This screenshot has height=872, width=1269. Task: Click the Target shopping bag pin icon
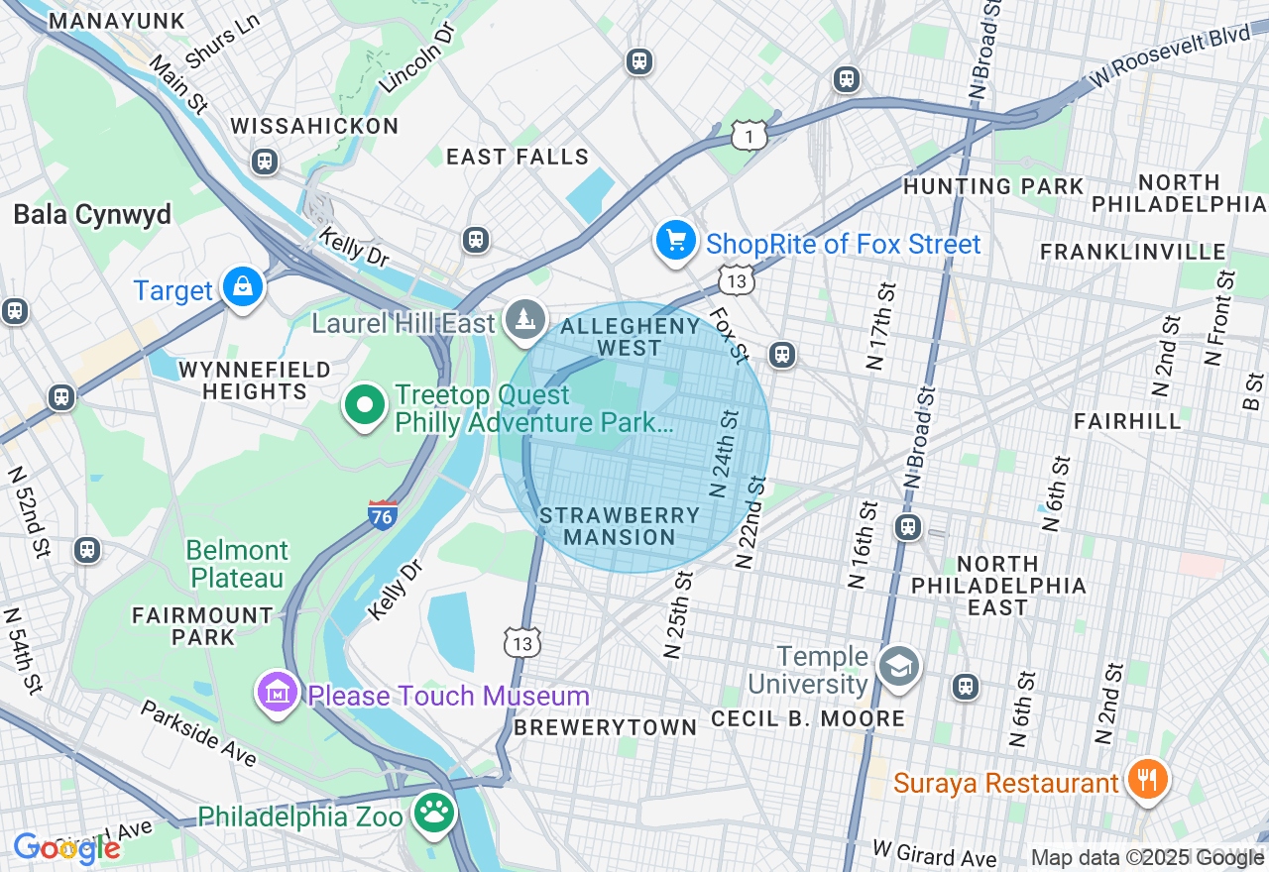[242, 286]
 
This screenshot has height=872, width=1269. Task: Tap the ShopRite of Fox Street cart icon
[676, 241]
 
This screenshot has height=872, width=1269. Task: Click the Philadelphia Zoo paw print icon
[433, 813]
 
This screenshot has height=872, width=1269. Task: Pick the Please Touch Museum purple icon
[278, 693]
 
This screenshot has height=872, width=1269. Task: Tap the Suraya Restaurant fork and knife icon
[1147, 780]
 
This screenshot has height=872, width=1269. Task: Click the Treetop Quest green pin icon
[366, 406]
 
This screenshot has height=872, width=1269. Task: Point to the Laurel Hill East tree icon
[524, 319]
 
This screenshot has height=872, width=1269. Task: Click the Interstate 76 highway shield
[383, 514]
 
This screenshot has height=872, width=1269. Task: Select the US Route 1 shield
[750, 135]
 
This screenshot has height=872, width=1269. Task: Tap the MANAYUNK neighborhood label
[116, 21]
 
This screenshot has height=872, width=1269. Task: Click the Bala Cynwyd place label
[92, 215]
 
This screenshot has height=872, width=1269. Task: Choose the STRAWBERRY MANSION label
[620, 526]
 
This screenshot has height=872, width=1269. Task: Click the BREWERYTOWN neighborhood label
[605, 727]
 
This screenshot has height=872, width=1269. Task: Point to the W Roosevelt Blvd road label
[1172, 55]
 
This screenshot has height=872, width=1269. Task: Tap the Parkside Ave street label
[198, 733]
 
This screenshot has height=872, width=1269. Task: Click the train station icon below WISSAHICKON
[265, 162]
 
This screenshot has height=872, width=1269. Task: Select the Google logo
[66, 847]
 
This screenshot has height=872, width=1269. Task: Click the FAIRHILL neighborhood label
[1127, 422]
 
